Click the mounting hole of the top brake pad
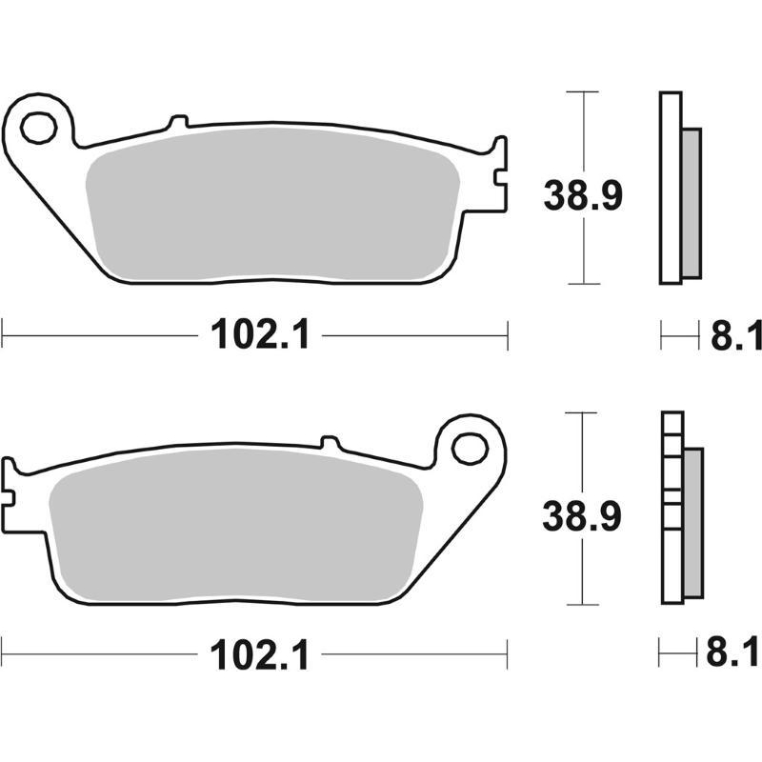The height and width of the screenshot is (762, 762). (x=39, y=127)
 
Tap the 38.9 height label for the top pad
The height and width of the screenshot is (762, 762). (x=583, y=195)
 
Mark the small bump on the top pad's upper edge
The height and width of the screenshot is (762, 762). (x=177, y=122)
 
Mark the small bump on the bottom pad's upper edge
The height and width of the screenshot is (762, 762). (x=330, y=442)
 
